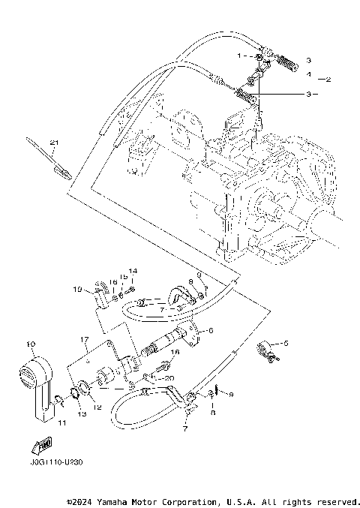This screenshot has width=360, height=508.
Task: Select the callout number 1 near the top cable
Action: [x=240, y=56]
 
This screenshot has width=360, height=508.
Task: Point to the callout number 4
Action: [x=307, y=75]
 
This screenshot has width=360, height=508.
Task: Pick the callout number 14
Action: [x=133, y=271]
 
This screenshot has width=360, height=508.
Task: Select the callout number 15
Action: [x=124, y=278]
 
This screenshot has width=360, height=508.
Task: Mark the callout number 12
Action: [x=96, y=407]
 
